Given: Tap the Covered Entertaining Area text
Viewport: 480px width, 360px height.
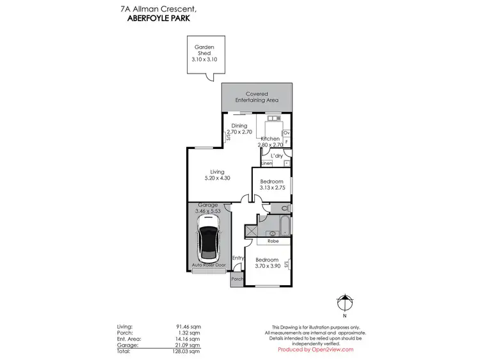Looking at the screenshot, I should [257, 97].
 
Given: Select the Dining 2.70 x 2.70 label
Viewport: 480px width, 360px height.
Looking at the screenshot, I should [239, 129].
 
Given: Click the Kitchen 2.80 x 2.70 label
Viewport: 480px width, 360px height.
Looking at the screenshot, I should [270, 142].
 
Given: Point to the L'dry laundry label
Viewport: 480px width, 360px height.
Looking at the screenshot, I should [277, 155].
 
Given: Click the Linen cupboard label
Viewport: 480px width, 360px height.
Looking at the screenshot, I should [266, 164].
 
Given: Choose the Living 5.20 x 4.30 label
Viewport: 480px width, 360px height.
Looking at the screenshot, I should [218, 175].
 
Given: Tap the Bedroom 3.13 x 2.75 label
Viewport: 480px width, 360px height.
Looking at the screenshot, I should [271, 185].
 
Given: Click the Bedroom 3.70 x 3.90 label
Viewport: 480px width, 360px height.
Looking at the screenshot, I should [267, 263].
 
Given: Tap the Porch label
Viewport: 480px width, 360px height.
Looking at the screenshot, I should [237, 279].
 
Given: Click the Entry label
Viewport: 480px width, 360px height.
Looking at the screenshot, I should [238, 258].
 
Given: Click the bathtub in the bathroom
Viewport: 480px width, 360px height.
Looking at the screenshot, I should [278, 224].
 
